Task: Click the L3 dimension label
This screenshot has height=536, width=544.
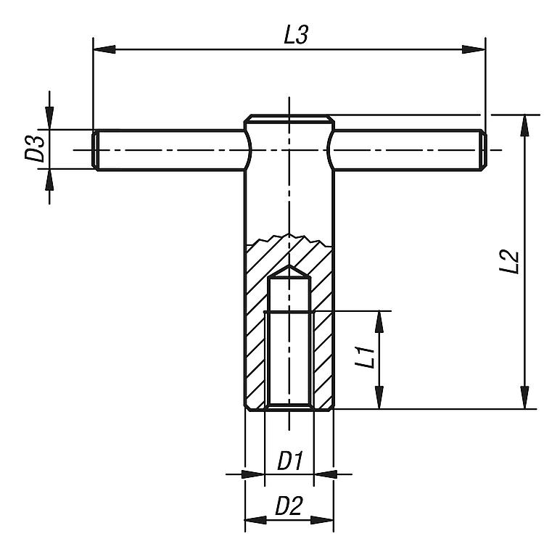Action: click(296, 35)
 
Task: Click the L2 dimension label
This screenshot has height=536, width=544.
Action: click(509, 261)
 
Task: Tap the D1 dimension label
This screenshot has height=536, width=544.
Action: click(290, 461)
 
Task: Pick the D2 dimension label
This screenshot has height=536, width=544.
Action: click(289, 506)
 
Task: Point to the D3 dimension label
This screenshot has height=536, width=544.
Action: click(35, 149)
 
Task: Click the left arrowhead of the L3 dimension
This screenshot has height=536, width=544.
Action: click(104, 49)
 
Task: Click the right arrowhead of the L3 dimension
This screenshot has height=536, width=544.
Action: click(474, 49)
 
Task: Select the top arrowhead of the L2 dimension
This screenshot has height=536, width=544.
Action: click(526, 125)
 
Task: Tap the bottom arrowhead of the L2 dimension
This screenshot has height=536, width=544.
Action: click(526, 397)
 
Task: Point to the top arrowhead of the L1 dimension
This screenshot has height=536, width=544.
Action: click(379, 322)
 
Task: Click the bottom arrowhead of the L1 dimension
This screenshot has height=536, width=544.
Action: click(379, 397)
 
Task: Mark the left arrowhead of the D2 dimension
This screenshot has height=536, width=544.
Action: click(256, 520)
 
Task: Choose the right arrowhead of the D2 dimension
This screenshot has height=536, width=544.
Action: click(322, 520)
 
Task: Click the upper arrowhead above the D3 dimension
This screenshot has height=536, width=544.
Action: click(49, 118)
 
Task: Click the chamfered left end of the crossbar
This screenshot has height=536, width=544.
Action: click(95, 150)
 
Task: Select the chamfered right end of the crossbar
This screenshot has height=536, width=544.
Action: click(483, 150)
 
